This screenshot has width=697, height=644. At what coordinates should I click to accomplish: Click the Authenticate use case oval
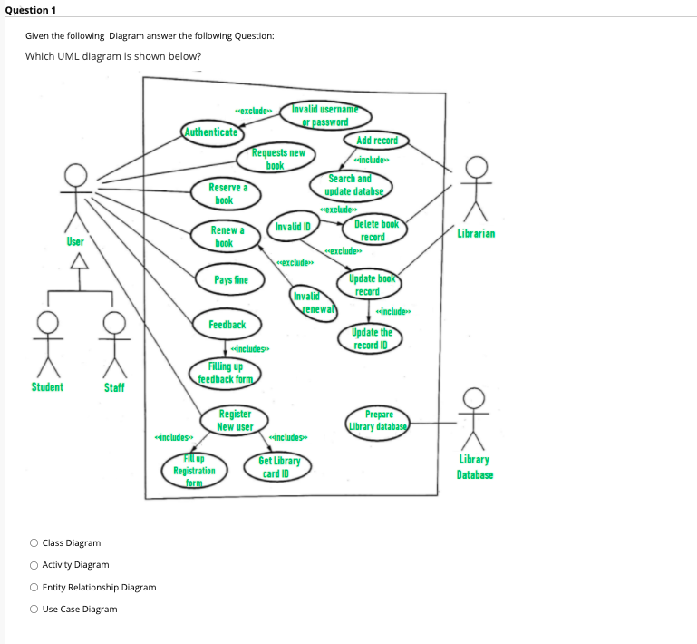click(x=210, y=132)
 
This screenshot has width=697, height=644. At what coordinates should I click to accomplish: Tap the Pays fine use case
click(x=231, y=280)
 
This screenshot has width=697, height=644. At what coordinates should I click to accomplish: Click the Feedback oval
click(x=227, y=325)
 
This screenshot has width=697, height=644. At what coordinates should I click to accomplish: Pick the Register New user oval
click(x=235, y=420)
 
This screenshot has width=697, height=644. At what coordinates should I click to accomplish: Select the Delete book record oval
click(x=375, y=230)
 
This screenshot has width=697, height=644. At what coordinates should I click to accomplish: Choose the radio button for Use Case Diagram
click(x=34, y=610)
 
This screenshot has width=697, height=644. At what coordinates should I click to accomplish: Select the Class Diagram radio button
click(x=34, y=543)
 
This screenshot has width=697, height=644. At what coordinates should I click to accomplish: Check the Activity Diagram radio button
click(x=34, y=565)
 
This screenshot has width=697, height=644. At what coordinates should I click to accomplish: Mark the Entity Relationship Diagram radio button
click(x=34, y=588)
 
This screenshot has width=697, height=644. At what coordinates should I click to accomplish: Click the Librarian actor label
click(x=477, y=234)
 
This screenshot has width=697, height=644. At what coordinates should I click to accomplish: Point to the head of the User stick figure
click(x=76, y=174)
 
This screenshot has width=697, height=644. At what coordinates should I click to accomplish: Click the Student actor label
click(x=47, y=387)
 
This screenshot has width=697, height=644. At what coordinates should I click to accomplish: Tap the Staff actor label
click(x=115, y=387)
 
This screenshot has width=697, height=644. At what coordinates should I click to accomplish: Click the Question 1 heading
click(x=30, y=10)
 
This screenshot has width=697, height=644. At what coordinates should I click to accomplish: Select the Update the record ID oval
click(x=372, y=339)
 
